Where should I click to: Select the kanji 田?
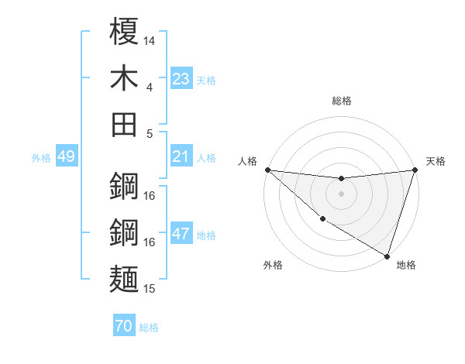[x=125, y=124]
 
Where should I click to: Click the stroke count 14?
[x=150, y=40]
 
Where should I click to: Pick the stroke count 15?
[x=150, y=289]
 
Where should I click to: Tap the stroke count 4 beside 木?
[x=150, y=87]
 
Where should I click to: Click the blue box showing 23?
[x=181, y=79]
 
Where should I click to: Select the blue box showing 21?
[x=181, y=156]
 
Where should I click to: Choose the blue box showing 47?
[x=181, y=234]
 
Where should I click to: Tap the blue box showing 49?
[x=66, y=157]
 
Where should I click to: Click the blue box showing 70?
[x=123, y=327]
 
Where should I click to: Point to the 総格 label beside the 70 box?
[x=150, y=328]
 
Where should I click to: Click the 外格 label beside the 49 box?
[x=41, y=158]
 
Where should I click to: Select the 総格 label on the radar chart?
[x=341, y=101]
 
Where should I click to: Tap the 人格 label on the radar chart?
[x=248, y=161]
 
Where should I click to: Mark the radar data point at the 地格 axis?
[x=387, y=256]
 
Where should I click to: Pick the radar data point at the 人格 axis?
[x=267, y=170]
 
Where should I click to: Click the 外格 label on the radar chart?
[x=273, y=265]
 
